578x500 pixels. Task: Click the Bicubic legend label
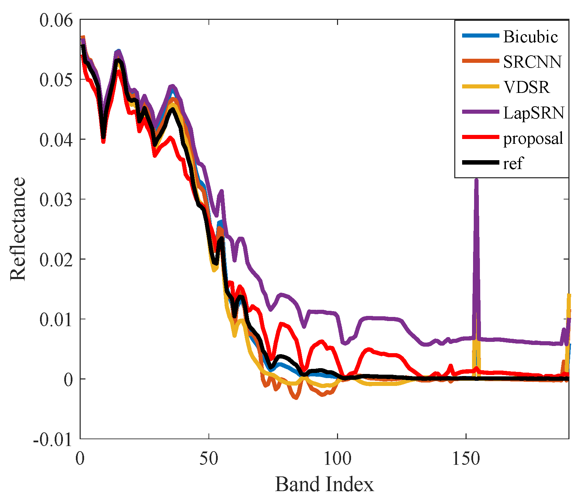[530, 37]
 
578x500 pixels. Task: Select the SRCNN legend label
[532, 62]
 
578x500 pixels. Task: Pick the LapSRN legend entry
[533, 113]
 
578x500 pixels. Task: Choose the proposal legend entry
[533, 138]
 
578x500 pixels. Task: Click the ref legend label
[513, 163]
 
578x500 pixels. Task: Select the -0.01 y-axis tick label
[53, 439]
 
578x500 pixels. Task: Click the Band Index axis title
[324, 484]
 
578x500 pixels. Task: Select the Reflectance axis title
[18, 229]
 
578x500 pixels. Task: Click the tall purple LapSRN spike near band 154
[476, 184]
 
